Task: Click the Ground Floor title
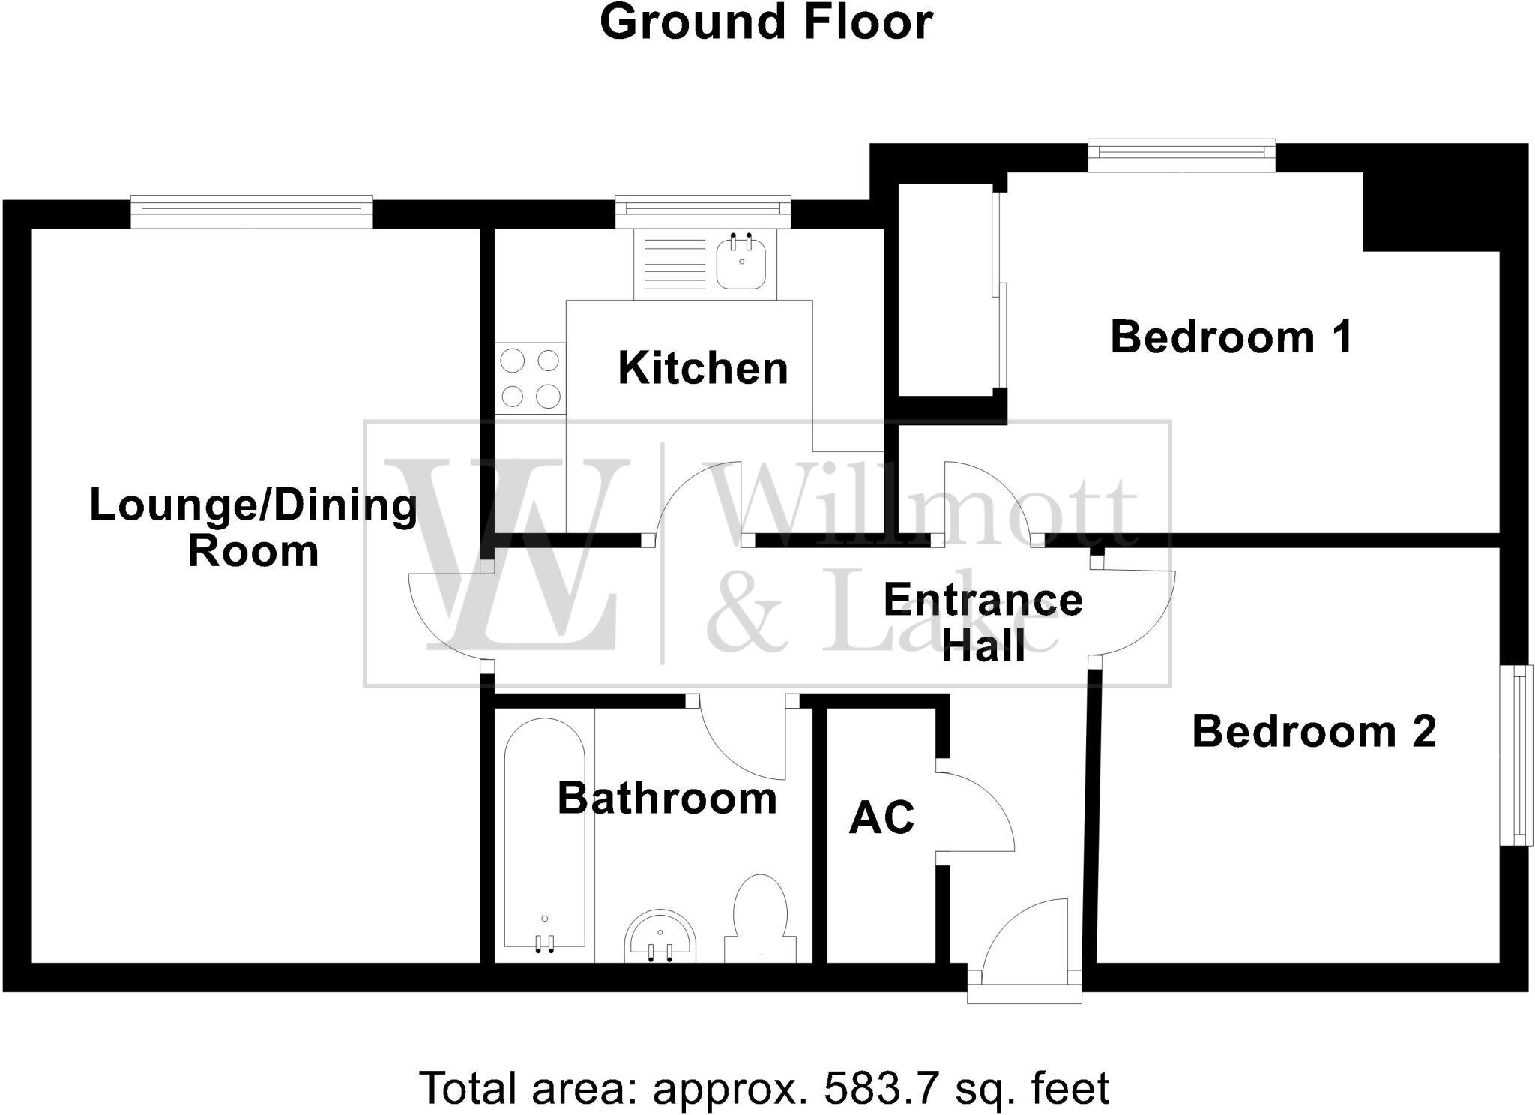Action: point(766,22)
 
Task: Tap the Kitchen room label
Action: point(702,368)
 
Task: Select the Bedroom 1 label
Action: point(1231,337)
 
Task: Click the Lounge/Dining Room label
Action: point(253,528)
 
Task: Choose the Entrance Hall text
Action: point(983,622)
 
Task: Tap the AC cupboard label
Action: point(881,817)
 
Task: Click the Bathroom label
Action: point(667,798)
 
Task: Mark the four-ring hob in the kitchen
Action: point(530,378)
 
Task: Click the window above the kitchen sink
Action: point(702,211)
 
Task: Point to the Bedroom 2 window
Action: point(1516,755)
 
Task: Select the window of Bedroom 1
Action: point(1180,154)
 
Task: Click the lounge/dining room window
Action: point(250,211)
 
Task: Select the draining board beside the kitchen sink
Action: point(672,263)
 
